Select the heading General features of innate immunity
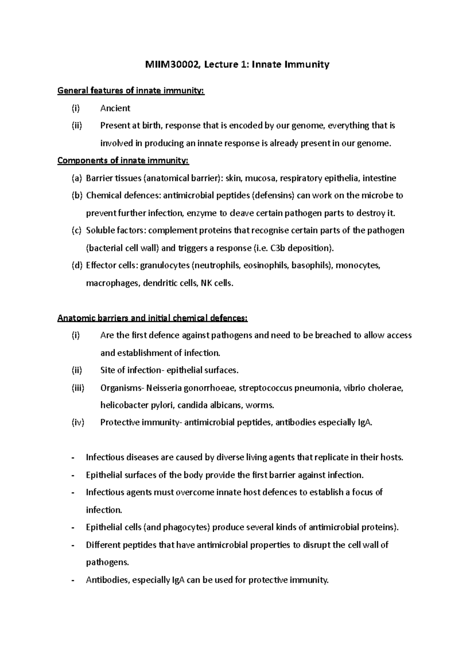point(131,91)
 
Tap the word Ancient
point(115,108)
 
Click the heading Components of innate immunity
point(123,161)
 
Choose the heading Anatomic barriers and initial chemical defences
point(152,318)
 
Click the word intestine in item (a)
point(379,178)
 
